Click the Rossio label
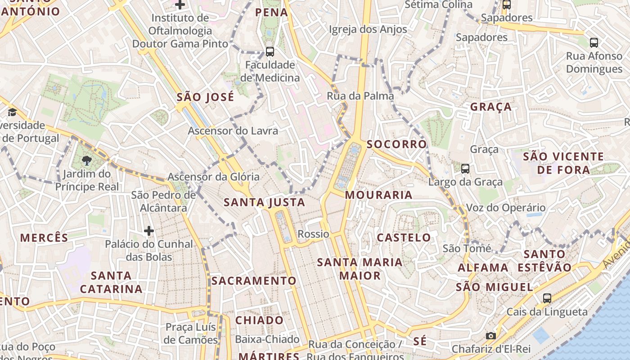pos(314,234)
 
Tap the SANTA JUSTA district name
pos(265,202)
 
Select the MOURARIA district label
pos(378,195)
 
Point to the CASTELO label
pos(404,238)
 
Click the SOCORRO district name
pos(396,144)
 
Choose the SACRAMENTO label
pos(254,281)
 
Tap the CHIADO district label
pos(260,320)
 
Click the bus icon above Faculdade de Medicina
pos(270,52)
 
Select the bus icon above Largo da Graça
pos(465,169)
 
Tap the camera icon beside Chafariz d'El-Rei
pos(491,336)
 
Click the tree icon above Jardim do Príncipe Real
pos(87,160)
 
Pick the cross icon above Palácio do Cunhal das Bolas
pos(149,231)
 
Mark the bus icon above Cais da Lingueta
pos(547,298)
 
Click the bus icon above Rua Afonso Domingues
pos(594,43)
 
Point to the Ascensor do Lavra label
pos(233,131)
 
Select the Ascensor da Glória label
pos(214,177)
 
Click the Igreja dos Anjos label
pos(368,30)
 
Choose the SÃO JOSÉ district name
pos(205,97)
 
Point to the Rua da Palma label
pos(360,96)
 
